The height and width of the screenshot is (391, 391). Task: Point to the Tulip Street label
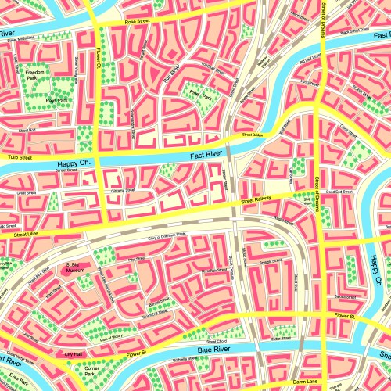pos(20,157)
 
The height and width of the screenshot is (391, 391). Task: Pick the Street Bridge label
pos(253,135)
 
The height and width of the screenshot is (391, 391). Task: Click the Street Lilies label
pos(26,234)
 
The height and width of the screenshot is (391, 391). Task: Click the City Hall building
pos(73,354)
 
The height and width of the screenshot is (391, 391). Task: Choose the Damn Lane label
pos(303,380)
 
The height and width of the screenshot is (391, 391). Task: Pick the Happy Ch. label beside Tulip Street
pos(75,163)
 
